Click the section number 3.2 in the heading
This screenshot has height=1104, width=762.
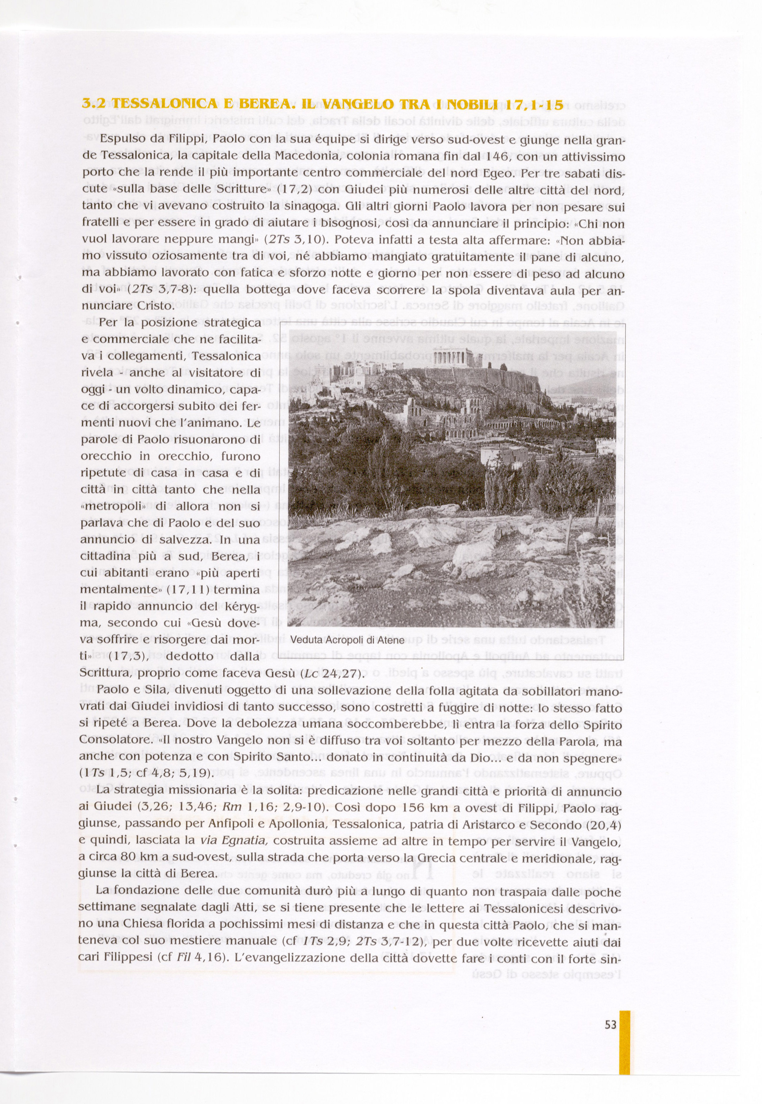(x=93, y=104)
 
